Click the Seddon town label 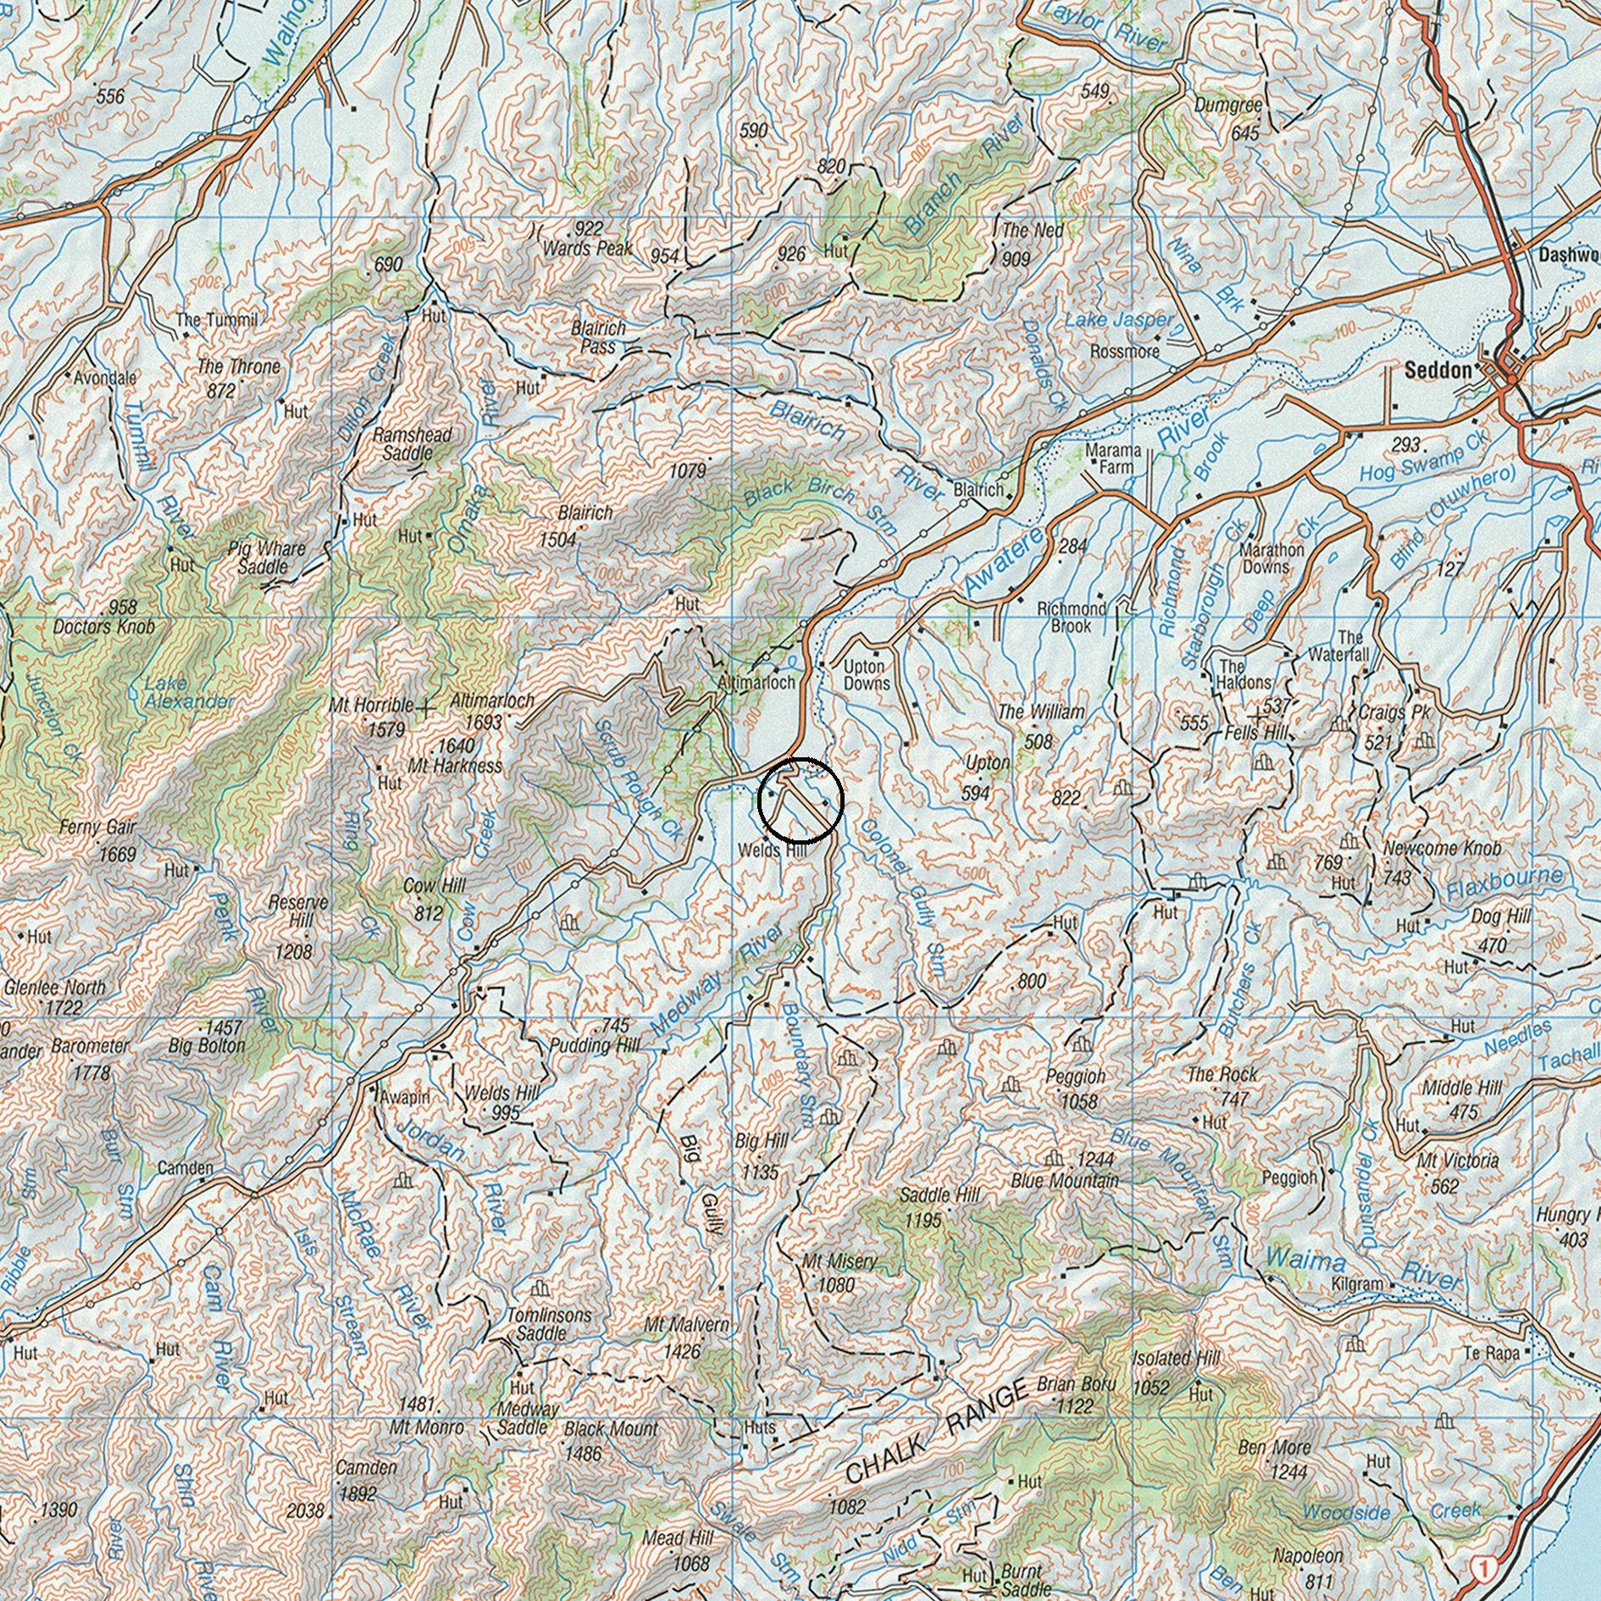point(1438,370)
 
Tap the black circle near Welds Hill point(800,800)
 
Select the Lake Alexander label point(186,692)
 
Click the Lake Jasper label point(1118,320)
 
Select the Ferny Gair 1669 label point(98,839)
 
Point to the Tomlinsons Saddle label point(549,1323)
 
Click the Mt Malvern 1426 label point(685,1336)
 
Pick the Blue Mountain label point(1065,1180)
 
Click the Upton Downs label point(867,675)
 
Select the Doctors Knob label point(103,627)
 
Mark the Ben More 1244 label point(1275,1460)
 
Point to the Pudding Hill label point(595,1044)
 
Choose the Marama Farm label point(1113,458)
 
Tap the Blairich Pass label point(598,337)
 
